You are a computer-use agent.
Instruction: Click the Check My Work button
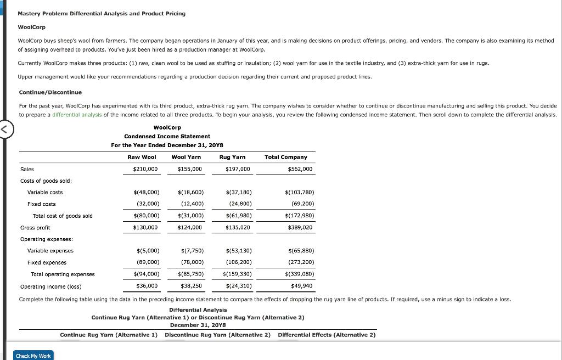click(33, 356)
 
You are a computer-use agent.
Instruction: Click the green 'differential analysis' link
click(77, 114)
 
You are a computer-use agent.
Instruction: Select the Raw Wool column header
click(142, 157)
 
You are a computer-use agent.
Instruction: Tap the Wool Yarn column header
click(186, 157)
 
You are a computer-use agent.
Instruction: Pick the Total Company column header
click(286, 157)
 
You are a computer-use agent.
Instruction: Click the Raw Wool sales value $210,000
click(145, 169)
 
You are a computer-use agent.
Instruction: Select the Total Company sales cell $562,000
click(300, 169)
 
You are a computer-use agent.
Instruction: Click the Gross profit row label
click(35, 227)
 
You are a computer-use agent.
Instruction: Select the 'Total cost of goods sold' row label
click(63, 216)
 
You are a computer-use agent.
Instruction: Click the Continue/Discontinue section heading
click(50, 92)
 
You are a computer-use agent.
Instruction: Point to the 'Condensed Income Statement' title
click(167, 136)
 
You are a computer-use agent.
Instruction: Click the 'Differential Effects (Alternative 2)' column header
click(327, 335)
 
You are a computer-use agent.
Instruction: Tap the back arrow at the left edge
click(4, 130)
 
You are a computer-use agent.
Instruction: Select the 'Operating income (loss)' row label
click(50, 286)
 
